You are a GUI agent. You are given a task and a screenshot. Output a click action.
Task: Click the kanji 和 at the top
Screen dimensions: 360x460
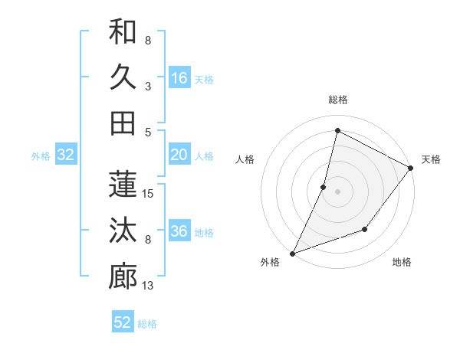(123, 31)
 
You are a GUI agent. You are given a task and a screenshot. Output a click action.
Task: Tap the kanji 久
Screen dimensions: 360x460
(123, 77)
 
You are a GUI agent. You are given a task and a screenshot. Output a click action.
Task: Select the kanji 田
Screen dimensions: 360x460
(123, 122)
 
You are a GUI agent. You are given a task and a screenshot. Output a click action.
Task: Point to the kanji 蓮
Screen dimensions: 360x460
(123, 185)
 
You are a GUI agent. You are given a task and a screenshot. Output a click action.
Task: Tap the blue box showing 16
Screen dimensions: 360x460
(179, 77)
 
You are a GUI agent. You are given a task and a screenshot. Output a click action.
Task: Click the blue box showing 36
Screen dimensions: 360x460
(179, 231)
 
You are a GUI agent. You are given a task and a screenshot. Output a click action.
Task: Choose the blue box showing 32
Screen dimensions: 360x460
(66, 155)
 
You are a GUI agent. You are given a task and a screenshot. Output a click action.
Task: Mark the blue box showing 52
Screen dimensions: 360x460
(123, 322)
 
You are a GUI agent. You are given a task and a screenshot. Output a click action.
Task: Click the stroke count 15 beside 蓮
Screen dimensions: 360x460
(149, 194)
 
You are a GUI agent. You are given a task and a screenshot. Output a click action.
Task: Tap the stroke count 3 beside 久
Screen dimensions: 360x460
(148, 86)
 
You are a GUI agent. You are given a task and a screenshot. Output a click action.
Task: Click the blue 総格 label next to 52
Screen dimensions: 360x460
(147, 324)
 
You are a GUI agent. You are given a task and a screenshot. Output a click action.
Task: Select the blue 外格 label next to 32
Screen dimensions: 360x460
(41, 156)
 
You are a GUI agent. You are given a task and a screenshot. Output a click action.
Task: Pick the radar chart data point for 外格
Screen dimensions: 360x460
(292, 254)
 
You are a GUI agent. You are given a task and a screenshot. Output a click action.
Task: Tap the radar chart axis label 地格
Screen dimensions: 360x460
(402, 263)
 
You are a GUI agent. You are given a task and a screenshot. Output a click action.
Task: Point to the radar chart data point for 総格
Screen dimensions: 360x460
(337, 131)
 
